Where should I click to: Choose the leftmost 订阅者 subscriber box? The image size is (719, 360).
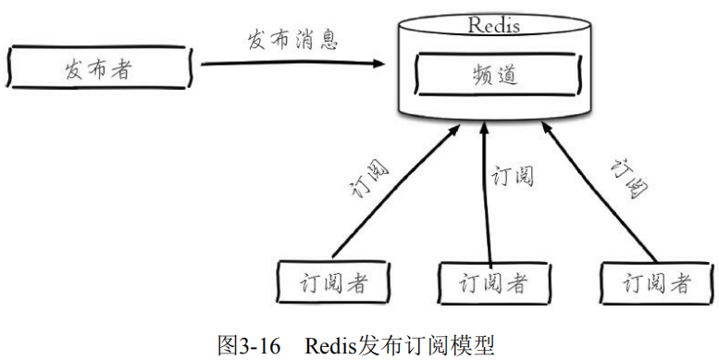334,282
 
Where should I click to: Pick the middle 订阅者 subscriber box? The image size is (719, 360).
494,282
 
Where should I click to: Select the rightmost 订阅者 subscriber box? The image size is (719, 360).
657,282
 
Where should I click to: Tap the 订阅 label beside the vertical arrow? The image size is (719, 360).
513,176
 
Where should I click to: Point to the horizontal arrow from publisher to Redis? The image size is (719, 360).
291,64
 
